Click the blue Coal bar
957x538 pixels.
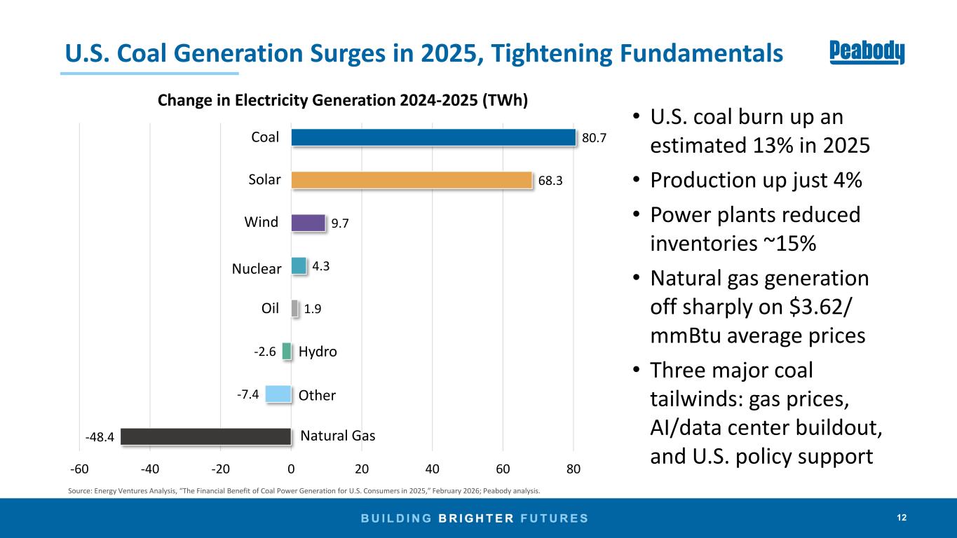click(433, 137)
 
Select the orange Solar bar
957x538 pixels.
click(412, 180)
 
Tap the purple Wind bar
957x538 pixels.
click(308, 223)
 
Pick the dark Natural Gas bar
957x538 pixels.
click(206, 436)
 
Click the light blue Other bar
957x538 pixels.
click(278, 394)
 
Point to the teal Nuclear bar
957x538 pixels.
click(299, 266)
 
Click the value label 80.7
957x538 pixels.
click(595, 139)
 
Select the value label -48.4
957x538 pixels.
click(100, 437)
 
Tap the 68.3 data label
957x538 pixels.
click(551, 181)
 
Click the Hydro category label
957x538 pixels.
click(318, 352)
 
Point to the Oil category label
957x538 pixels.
click(270, 308)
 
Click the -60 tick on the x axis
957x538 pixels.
click(79, 469)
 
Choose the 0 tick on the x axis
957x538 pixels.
click(292, 469)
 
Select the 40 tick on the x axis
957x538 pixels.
click(433, 469)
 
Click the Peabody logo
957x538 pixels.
click(867, 53)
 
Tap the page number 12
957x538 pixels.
click(902, 518)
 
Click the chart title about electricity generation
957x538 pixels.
click(342, 101)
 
